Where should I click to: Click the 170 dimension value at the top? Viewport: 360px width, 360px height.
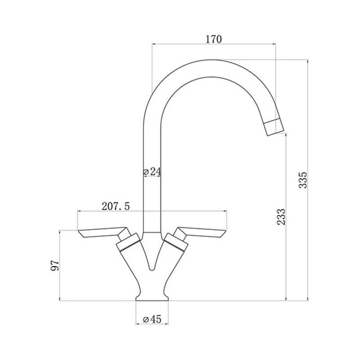pos(214,39)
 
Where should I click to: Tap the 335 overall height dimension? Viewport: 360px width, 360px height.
pos(303,180)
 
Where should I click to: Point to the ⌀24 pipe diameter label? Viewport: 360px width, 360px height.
pos(152,171)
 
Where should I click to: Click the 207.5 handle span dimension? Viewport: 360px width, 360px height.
pos(116,207)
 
